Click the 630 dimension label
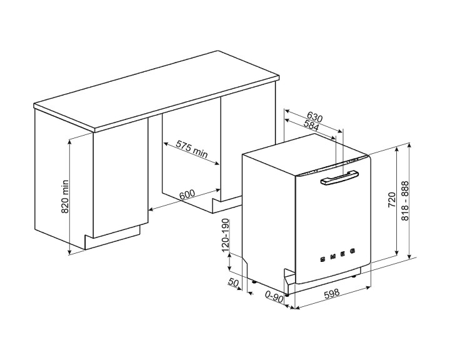click(314, 117)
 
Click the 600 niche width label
click(187, 194)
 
